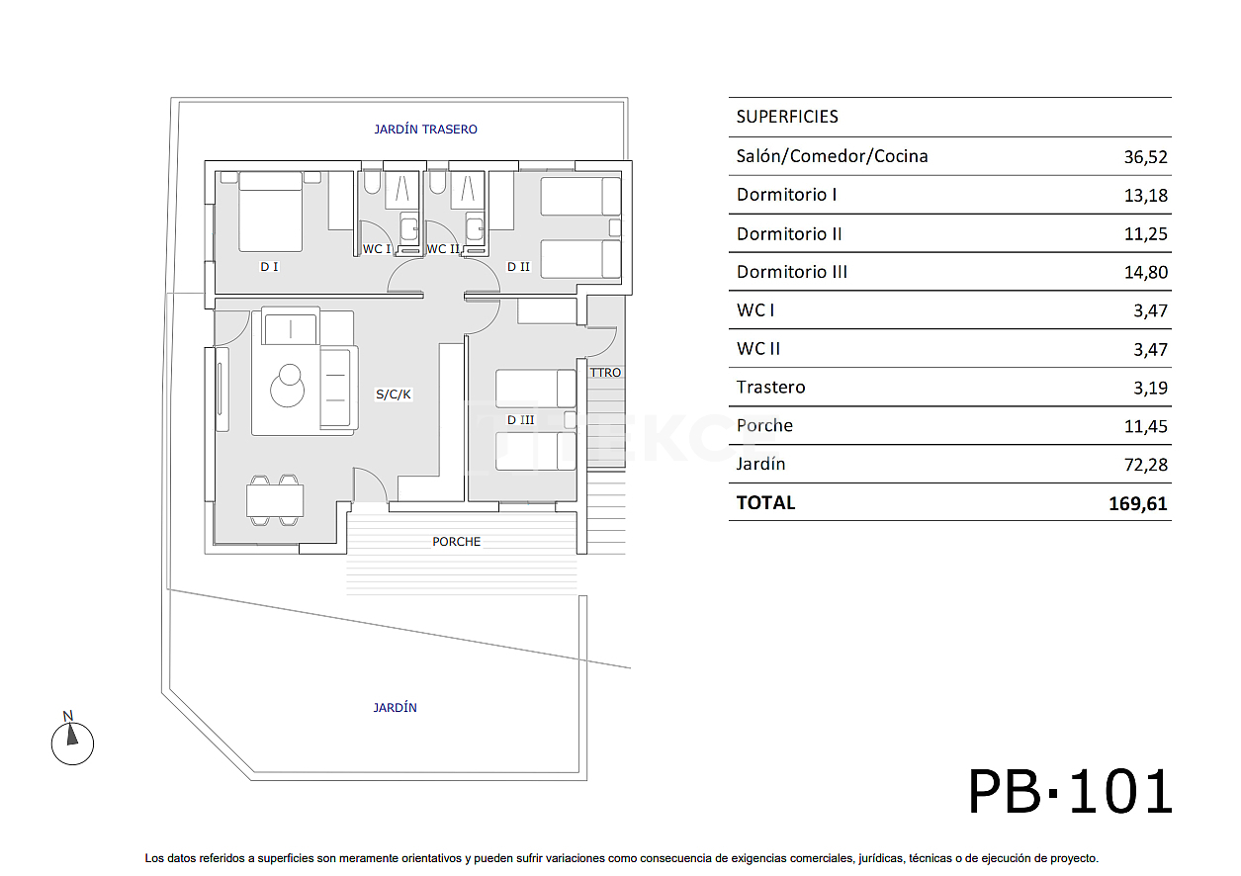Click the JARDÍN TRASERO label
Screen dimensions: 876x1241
pos(425,130)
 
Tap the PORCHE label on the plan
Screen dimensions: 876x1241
pos(456,542)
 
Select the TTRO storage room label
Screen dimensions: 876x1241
pos(605,373)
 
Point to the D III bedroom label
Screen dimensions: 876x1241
pos(520,420)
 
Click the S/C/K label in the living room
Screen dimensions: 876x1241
pos(393,394)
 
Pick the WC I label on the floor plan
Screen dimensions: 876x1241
pos(376,249)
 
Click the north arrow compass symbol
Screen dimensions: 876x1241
pos(72,741)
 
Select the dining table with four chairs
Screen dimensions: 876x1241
pos(275,501)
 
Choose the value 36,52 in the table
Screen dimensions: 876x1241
pos(1145,157)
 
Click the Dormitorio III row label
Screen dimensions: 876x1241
pos(791,272)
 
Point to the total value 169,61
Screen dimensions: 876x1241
pos(1137,503)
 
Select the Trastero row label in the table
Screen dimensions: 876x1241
pos(770,388)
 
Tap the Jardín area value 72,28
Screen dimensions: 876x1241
pos(1145,465)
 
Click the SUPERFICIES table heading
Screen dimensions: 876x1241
pos(787,117)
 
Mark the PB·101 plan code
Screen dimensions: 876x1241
pos(1070,793)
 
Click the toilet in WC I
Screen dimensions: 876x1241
pos(372,183)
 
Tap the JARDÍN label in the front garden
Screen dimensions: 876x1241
pos(395,708)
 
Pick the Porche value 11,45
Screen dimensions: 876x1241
pos(1145,426)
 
